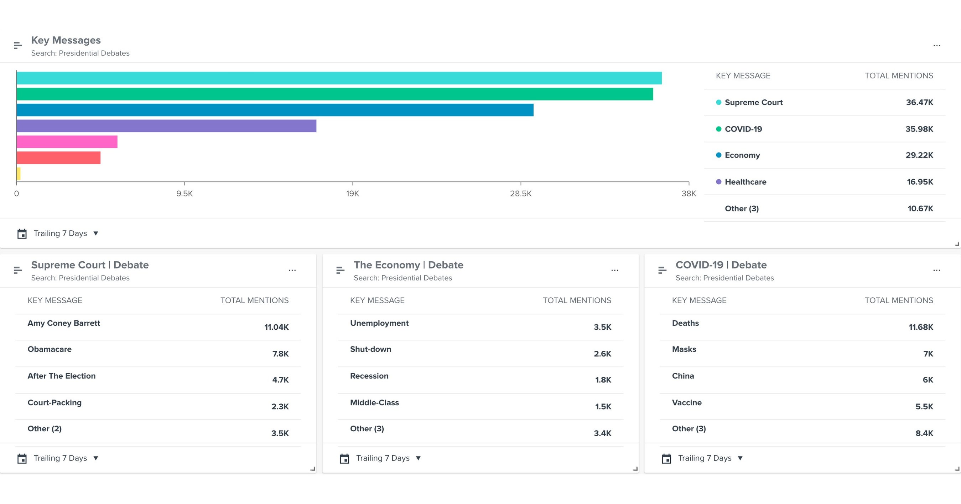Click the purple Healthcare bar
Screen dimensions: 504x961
(x=166, y=126)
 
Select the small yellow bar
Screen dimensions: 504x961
(x=18, y=174)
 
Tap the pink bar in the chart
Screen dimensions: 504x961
(x=67, y=142)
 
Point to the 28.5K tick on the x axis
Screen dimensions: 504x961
(x=520, y=194)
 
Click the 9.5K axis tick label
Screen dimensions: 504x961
(x=184, y=194)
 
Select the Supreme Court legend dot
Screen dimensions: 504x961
(x=718, y=102)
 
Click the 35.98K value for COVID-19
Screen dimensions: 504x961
(x=919, y=129)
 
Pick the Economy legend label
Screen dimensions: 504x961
(x=742, y=155)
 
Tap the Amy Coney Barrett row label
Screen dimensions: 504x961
(x=64, y=323)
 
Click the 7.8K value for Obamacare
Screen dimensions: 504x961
(x=280, y=354)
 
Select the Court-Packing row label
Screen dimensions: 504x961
(x=54, y=402)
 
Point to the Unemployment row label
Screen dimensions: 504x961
(x=379, y=323)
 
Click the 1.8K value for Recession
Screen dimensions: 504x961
(x=603, y=380)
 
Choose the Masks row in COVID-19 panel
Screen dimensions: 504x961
(x=684, y=349)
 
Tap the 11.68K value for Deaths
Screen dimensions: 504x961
(x=920, y=327)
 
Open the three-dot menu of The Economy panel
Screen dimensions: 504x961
(x=614, y=270)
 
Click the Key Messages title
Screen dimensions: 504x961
(x=66, y=40)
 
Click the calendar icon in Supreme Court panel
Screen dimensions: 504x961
(x=22, y=458)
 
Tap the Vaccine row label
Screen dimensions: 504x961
(x=686, y=402)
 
